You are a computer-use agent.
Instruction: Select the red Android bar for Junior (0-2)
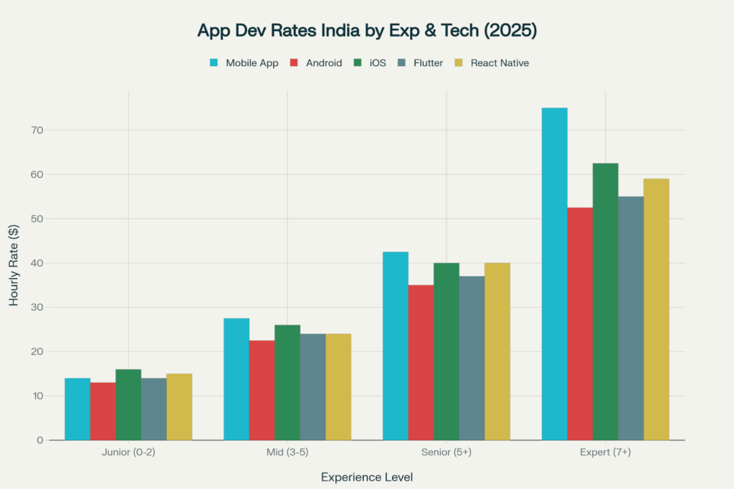click(103, 411)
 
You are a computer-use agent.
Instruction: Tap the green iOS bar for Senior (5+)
click(446, 351)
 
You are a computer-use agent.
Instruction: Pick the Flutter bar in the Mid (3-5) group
click(313, 386)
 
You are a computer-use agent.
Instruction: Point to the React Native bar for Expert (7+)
click(656, 309)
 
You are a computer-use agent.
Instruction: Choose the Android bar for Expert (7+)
click(580, 323)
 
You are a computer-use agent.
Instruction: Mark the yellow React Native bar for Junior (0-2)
click(179, 407)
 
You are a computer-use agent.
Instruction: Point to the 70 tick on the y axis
click(37, 130)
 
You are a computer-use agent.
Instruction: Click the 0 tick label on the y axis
click(40, 440)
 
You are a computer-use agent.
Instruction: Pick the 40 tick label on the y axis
click(37, 263)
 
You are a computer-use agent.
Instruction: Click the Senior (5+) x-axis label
click(446, 454)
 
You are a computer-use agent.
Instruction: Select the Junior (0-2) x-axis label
click(128, 454)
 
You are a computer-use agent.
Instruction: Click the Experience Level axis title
click(366, 477)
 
